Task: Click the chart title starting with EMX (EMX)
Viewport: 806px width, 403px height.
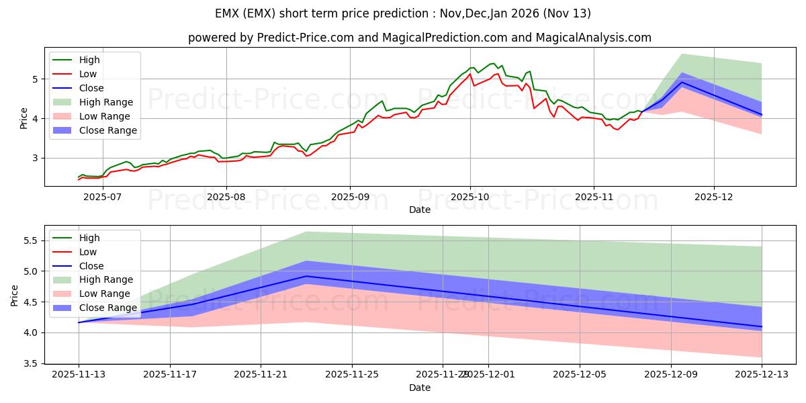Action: pyautogui.click(x=403, y=13)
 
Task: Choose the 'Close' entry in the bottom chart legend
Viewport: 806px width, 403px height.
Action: pyautogui.click(x=91, y=266)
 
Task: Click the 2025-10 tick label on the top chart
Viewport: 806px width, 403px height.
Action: pyautogui.click(x=469, y=197)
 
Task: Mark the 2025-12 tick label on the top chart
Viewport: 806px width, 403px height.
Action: pyautogui.click(x=714, y=197)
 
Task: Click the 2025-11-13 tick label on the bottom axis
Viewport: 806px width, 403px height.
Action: pyautogui.click(x=79, y=375)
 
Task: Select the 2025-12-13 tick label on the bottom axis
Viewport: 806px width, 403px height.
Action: pyautogui.click(x=762, y=375)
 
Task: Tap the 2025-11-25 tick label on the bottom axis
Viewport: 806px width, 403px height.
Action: pyautogui.click(x=352, y=375)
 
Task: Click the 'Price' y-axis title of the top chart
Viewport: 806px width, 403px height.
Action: pyautogui.click(x=24, y=119)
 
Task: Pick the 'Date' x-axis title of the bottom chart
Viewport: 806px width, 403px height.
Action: pyautogui.click(x=420, y=388)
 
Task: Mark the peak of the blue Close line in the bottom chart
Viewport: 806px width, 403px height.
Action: pyautogui.click(x=306, y=276)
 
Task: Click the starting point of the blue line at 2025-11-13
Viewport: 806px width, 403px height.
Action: pyautogui.click(x=79, y=322)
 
